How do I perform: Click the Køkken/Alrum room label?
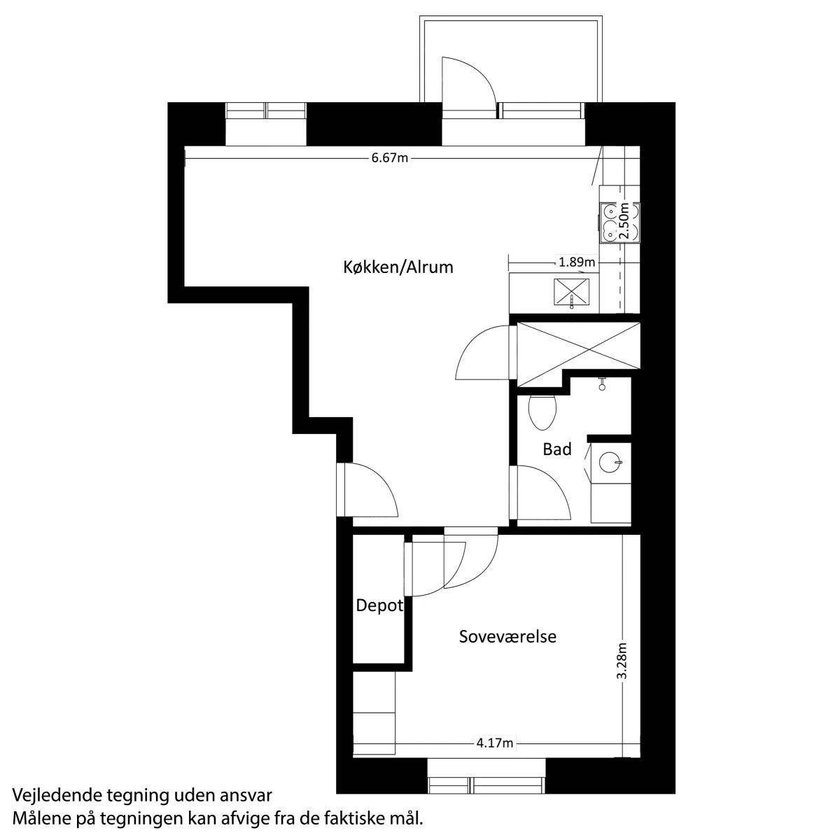(398, 267)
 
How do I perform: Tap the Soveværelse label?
(507, 637)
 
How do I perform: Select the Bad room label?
(556, 449)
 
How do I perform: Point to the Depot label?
(379, 606)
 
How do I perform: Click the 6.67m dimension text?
(390, 157)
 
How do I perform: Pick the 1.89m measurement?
(577, 262)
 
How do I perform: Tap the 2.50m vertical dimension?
(624, 220)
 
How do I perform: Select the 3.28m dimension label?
(622, 661)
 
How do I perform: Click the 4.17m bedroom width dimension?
(495, 743)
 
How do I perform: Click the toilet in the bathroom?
(542, 412)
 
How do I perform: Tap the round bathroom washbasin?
(610, 462)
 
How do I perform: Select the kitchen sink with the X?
(571, 292)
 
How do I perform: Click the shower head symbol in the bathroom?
(602, 384)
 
